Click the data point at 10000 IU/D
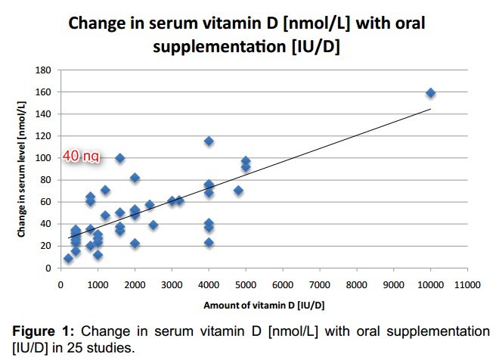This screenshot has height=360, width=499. tap(430, 93)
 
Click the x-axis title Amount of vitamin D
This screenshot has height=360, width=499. tap(253, 305)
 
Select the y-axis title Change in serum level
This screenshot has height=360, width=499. tap(23, 169)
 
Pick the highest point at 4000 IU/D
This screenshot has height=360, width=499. tap(209, 141)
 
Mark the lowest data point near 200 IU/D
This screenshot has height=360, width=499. tap(68, 258)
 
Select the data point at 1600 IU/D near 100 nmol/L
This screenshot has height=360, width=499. tap(119, 158)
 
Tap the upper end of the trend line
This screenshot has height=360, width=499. tap(430, 109)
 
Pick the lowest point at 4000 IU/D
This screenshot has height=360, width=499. tap(209, 243)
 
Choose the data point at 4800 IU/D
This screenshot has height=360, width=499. tap(238, 191)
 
